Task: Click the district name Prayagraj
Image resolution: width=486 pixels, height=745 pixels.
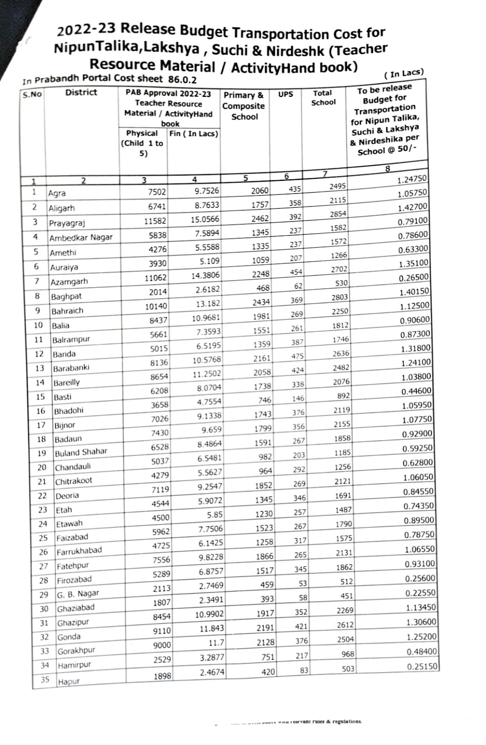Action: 67,223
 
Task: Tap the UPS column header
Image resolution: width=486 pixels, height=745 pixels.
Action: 286,94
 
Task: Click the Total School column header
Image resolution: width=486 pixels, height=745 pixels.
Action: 323,97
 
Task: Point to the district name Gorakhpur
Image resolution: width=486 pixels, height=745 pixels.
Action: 76,651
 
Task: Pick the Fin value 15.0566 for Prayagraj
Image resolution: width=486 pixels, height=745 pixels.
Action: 205,219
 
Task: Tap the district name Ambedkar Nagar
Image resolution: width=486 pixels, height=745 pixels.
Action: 81,237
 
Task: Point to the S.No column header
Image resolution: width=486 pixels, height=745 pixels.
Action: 32,95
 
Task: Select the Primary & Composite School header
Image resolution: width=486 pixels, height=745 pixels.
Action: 244,106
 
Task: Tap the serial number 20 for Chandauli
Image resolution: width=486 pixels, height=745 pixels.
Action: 42,467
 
